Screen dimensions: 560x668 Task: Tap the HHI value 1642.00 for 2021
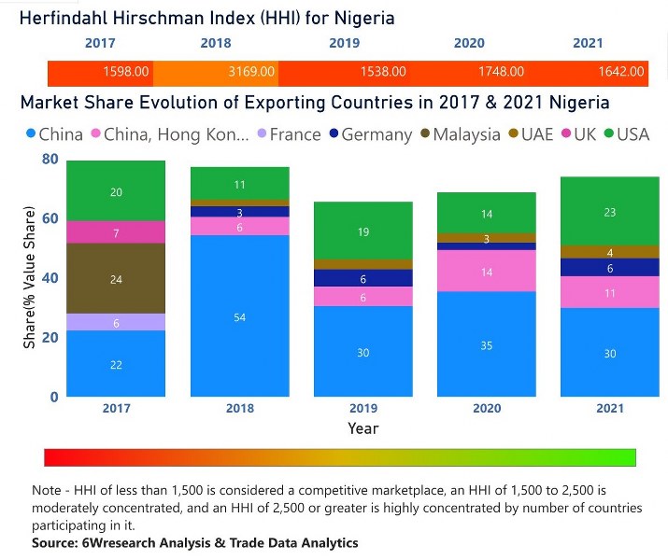coord(621,71)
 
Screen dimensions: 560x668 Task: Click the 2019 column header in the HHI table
coord(344,43)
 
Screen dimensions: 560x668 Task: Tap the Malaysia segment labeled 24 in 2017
coord(116,278)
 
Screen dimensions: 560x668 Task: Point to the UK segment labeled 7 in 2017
coord(116,232)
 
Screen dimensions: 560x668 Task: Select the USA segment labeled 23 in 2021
coord(609,213)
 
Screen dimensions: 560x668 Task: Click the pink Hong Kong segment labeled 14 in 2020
coord(486,271)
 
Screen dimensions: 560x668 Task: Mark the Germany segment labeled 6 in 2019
coord(362,278)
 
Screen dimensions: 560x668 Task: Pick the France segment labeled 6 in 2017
coord(116,322)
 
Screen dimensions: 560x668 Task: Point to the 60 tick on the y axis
coord(50,218)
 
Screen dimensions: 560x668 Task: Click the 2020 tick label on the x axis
coord(486,409)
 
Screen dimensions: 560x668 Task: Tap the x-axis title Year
coord(362,428)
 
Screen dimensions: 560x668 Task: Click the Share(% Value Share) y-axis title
coord(30,278)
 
